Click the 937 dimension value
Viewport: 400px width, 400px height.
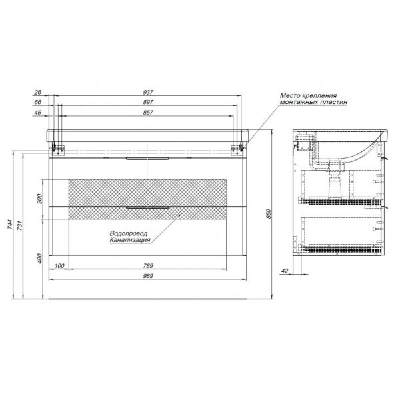[148, 92]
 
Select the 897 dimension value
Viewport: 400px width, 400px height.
[148, 102]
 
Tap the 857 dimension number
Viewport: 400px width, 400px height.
[148, 113]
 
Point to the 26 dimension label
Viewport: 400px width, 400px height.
[37, 93]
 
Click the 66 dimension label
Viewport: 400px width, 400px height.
[37, 102]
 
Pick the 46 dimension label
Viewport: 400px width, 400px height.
[37, 113]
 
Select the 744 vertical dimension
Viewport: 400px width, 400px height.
[10, 224]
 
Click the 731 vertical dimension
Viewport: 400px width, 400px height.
[20, 226]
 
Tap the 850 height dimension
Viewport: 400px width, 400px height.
[268, 214]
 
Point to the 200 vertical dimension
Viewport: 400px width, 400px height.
[39, 199]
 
